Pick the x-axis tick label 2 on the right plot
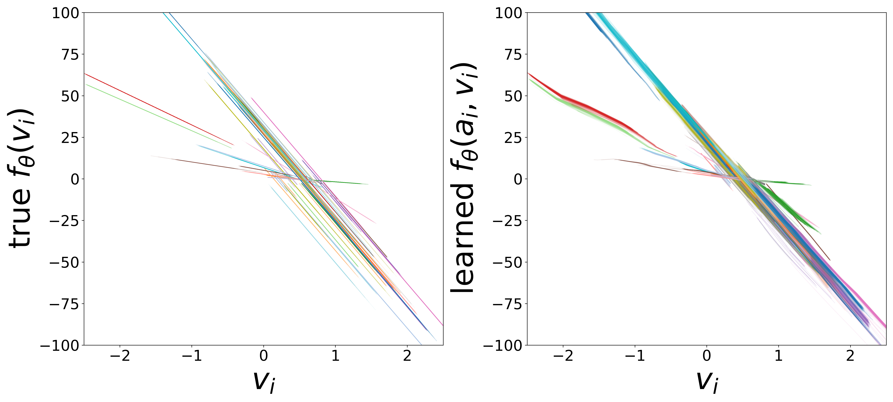(850, 356)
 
